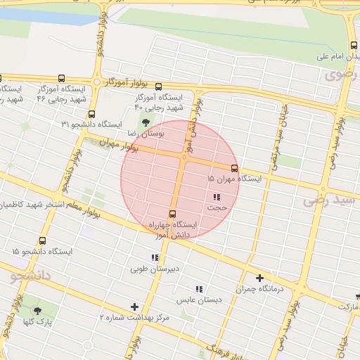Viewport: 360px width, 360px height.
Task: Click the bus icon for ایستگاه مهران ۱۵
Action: pos(234,168)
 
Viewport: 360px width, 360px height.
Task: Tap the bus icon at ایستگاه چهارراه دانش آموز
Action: pos(172,214)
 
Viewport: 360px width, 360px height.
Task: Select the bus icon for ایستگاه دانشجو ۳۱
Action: pos(91,114)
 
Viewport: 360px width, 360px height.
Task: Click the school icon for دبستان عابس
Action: pos(199,288)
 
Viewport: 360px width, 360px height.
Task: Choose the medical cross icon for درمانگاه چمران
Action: pos(259,278)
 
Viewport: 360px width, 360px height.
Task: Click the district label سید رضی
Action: pos(330,202)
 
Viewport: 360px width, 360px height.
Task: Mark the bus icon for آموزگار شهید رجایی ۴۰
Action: pos(157,86)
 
